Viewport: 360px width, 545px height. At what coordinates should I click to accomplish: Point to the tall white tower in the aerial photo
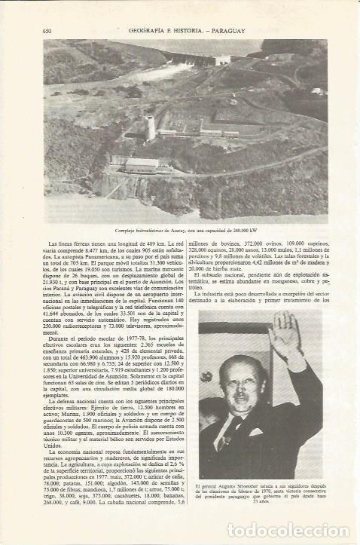(150, 127)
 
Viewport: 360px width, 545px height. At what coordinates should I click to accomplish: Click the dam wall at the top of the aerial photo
(188, 60)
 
